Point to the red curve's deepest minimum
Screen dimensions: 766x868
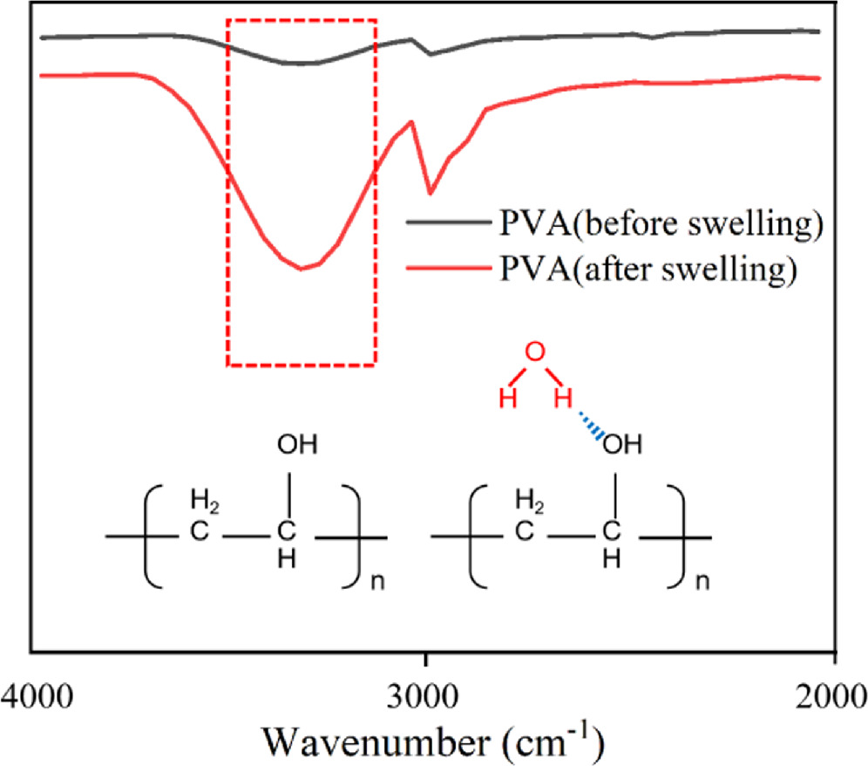301,269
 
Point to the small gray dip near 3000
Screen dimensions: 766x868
430,54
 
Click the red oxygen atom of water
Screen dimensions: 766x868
537,353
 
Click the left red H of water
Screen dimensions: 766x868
505,400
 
